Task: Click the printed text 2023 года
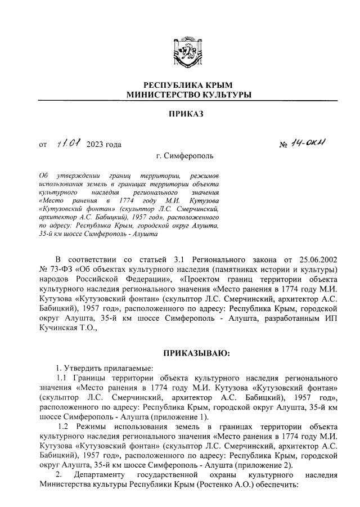[103, 145]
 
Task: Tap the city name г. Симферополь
[186, 156]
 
